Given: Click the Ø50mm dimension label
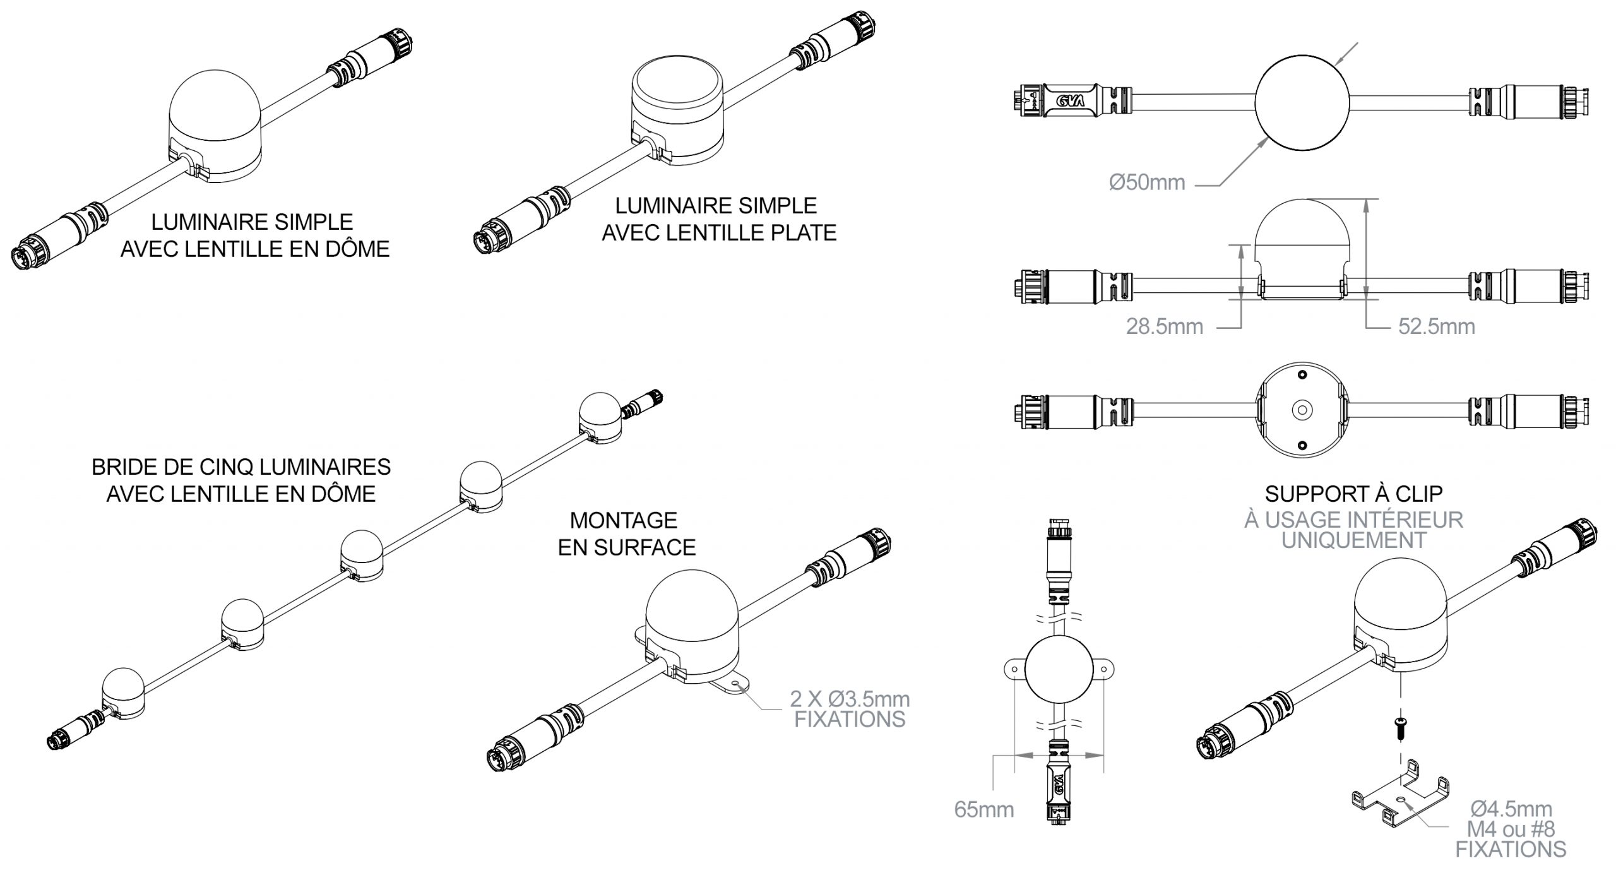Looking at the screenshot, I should (x=1146, y=182).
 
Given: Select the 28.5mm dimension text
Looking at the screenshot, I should (x=1164, y=326).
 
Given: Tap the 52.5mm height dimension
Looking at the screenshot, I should (x=1436, y=326).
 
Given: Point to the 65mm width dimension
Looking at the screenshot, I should (x=983, y=809).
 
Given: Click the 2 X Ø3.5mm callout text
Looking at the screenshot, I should (x=850, y=699).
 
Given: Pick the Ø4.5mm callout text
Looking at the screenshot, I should (x=1511, y=809).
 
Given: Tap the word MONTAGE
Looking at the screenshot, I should (x=624, y=521).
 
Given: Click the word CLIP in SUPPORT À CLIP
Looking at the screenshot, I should (x=1419, y=494).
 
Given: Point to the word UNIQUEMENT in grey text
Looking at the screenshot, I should (x=1353, y=540).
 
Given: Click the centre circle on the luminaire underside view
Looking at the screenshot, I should (x=1302, y=410).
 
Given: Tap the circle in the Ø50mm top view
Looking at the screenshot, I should (x=1302, y=102).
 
